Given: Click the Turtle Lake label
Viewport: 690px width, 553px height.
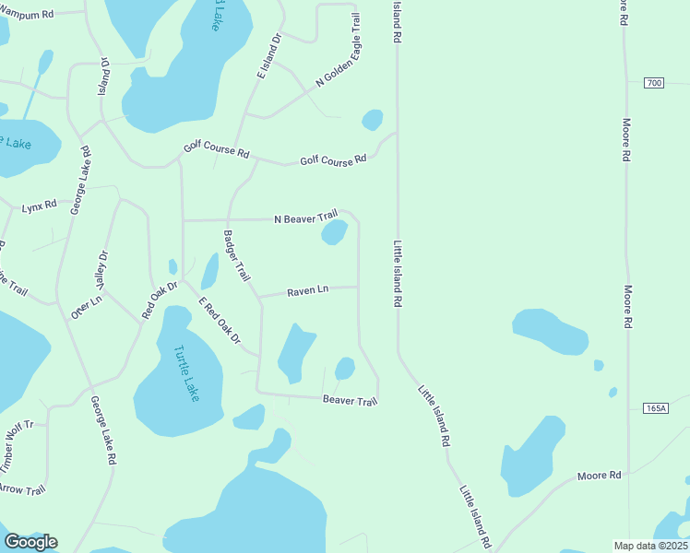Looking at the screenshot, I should coord(185,372).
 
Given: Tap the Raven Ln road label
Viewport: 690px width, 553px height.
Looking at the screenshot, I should coord(308,291).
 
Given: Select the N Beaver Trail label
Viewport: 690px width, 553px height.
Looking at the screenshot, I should coord(306,219).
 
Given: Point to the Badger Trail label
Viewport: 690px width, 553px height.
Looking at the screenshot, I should coord(238,255).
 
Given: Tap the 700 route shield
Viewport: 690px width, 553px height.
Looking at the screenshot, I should coord(654,83).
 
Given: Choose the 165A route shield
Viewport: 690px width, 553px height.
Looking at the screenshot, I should coord(656,407).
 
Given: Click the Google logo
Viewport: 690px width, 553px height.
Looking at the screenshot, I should coord(30,541).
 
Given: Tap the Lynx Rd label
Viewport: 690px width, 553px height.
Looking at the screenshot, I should coord(40,206).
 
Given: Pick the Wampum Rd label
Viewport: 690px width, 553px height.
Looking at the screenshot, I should coord(27,15).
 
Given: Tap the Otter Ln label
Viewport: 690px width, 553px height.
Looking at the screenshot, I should coord(87,306).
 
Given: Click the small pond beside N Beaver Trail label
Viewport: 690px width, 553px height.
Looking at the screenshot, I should coord(334,232).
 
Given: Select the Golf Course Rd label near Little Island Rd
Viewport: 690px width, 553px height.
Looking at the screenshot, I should coord(333,161).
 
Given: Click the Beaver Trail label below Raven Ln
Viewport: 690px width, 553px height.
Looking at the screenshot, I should coord(351,400).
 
